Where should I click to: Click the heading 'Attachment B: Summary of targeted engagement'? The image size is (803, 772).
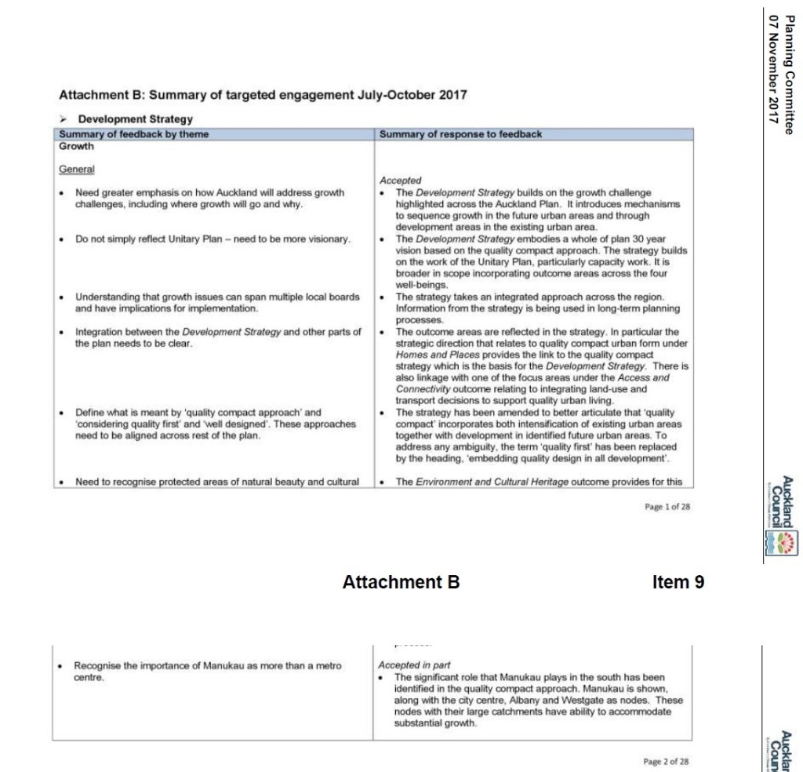[263, 96]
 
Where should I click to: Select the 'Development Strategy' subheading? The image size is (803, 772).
[135, 119]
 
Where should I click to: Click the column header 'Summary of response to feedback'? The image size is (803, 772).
[460, 134]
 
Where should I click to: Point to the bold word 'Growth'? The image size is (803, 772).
[77, 146]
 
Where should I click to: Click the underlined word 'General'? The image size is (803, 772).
[77, 169]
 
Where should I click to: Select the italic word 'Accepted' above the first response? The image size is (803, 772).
[400, 180]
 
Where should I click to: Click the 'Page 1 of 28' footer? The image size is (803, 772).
[667, 507]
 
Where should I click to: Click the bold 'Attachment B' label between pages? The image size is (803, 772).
[401, 582]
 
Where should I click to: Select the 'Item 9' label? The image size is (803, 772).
[678, 582]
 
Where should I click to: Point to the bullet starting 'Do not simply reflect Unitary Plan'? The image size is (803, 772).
[212, 239]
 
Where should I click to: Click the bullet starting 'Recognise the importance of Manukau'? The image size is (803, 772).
[208, 671]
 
